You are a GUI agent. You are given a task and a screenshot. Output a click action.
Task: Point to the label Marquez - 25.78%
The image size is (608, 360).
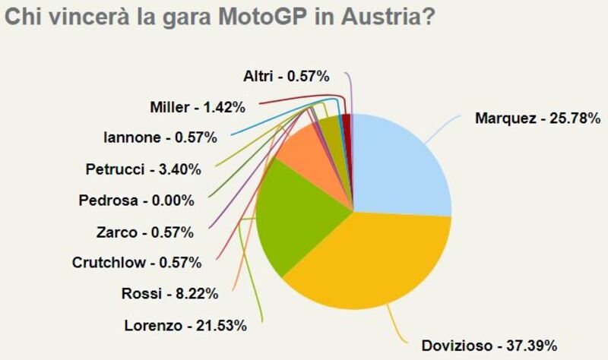tap(537, 118)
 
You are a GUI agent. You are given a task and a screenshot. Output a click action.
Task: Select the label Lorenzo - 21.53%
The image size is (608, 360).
tap(185, 326)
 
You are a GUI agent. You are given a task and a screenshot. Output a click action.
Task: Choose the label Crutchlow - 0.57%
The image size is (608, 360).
tap(136, 263)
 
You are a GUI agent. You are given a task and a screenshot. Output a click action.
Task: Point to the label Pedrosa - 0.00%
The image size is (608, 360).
tap(136, 201)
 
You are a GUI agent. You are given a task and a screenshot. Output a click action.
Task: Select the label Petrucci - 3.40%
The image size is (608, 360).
tap(142, 169)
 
